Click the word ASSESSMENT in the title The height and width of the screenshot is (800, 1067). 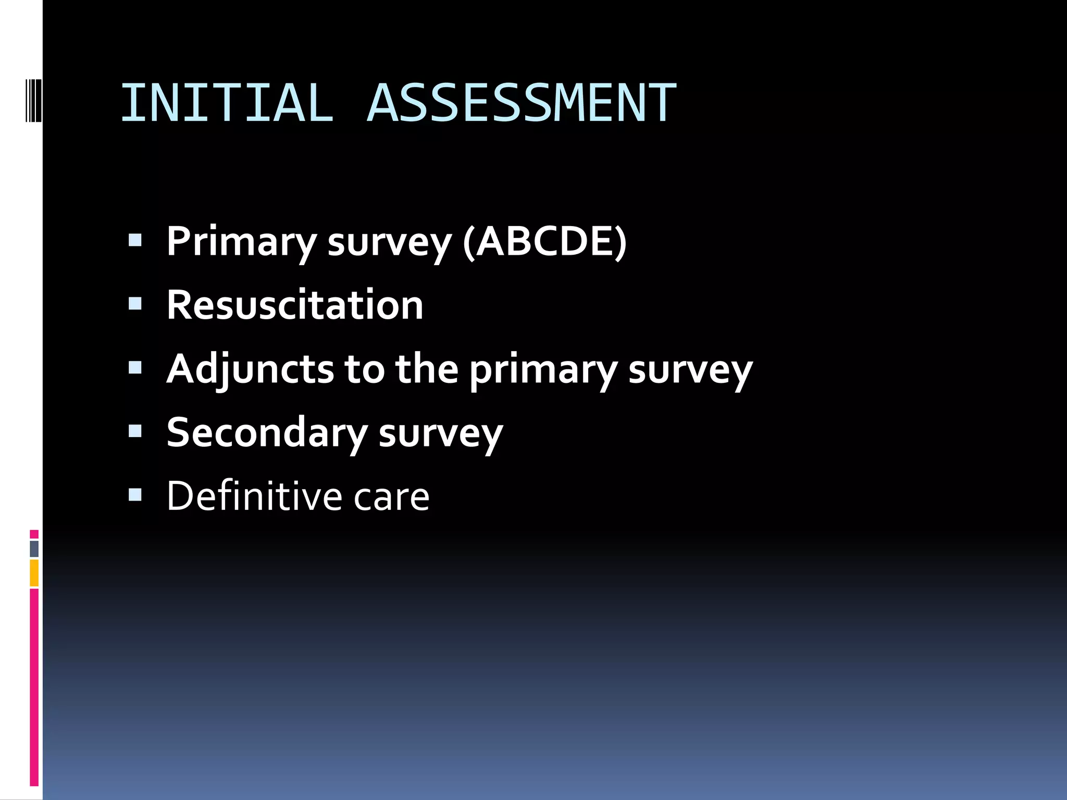click(522, 103)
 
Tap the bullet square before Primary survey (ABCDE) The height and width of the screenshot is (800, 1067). click(135, 240)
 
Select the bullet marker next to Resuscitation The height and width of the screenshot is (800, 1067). click(135, 304)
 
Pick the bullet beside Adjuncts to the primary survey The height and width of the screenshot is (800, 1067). click(135, 368)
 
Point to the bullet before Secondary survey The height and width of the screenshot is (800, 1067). click(135, 431)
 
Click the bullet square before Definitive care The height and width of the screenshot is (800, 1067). click(135, 495)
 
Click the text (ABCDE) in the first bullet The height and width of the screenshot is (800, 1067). click(544, 242)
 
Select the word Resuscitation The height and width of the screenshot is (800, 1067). click(295, 305)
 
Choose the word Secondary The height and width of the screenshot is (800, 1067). click(267, 433)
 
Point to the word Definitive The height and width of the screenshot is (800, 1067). click(254, 496)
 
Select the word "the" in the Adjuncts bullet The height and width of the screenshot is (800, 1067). click(427, 369)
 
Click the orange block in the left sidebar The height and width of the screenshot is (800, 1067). click(34, 573)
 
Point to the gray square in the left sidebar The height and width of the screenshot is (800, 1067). click(34, 548)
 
